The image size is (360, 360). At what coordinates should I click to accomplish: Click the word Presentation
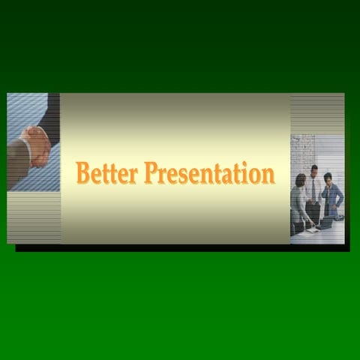point(209,173)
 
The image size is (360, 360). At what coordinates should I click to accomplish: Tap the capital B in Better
point(84,172)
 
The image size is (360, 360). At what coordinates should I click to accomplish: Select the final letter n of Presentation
point(268,175)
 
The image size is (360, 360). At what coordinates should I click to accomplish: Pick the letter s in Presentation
point(185,175)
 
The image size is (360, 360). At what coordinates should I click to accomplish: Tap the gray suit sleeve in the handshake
point(18,154)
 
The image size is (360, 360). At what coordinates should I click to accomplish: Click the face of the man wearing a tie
point(314,171)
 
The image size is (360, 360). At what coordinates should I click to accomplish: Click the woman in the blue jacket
point(331,196)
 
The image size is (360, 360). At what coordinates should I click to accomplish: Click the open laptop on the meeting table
point(325,222)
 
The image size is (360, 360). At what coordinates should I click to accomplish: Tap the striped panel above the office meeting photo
point(316,112)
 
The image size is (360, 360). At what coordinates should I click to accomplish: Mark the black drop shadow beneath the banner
point(180,247)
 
